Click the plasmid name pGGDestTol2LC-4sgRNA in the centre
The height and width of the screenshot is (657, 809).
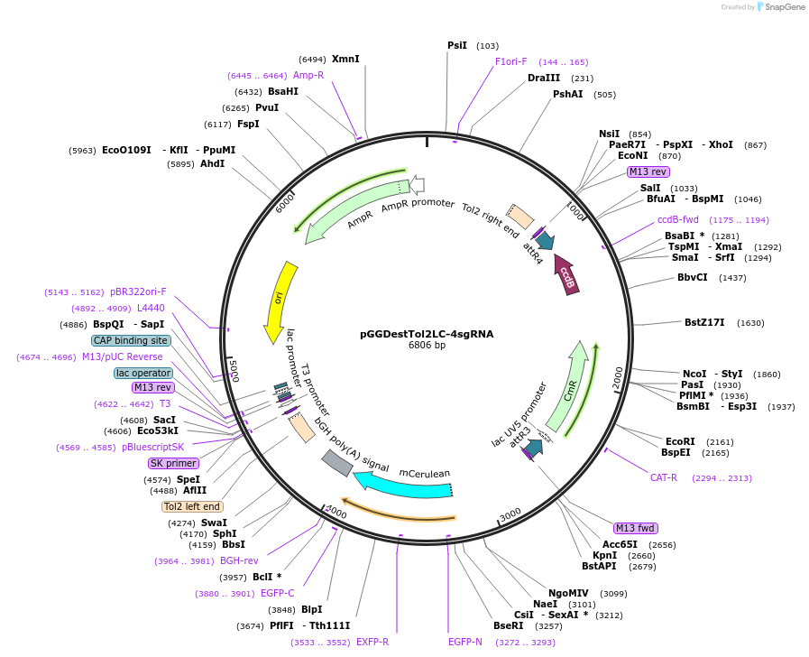coord(427,333)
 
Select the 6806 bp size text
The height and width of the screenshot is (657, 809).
coord(427,345)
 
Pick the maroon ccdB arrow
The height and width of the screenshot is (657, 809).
coord(565,273)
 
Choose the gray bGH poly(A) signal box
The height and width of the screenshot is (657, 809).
coord(337,462)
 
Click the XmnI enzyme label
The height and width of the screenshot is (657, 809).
coord(345,60)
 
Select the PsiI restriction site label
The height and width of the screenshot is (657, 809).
coord(457,45)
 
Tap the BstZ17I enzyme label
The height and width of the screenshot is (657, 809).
coord(705,322)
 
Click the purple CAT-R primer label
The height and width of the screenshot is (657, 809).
coord(664,477)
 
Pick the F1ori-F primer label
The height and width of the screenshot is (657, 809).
coord(510,62)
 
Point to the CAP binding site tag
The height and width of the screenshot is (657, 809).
coord(130,341)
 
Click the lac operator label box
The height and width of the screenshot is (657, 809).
coord(143,373)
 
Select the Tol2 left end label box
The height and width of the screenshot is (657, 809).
coord(192,506)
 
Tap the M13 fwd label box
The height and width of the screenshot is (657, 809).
coord(635,528)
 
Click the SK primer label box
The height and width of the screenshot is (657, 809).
coord(174,463)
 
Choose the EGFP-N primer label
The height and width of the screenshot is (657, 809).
coord(465,642)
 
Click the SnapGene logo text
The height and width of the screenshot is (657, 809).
coord(781,6)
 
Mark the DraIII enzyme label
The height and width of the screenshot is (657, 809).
coord(544,78)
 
